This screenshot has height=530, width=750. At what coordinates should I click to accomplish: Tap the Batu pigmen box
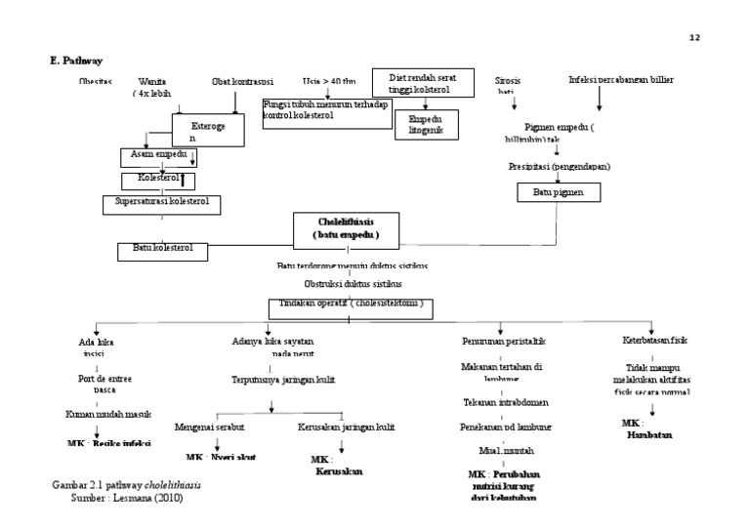coord(551,192)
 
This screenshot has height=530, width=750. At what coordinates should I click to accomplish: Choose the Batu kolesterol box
coord(163,250)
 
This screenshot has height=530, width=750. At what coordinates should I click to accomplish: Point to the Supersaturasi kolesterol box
coord(161,203)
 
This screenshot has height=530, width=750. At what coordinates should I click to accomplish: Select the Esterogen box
coord(207,131)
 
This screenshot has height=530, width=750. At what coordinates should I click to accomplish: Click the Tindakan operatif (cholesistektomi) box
coord(352,307)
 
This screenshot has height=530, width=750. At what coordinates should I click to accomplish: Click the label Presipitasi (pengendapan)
coord(560,167)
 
